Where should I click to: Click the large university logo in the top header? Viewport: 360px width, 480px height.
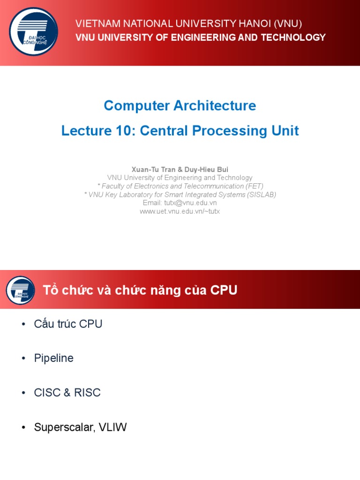click(x=34, y=32)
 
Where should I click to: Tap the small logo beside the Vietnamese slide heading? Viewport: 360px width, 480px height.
click(x=20, y=290)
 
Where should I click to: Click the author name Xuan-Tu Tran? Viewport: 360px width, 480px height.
click(x=151, y=169)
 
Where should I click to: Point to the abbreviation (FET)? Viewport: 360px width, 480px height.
click(x=253, y=186)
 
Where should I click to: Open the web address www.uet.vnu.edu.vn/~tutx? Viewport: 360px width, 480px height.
click(x=180, y=211)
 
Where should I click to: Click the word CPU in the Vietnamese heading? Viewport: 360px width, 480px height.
click(x=224, y=291)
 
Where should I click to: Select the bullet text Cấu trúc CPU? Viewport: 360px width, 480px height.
click(x=68, y=324)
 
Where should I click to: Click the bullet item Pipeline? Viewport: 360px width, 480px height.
click(x=54, y=358)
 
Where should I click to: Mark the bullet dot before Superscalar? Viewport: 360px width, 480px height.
click(x=24, y=427)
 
